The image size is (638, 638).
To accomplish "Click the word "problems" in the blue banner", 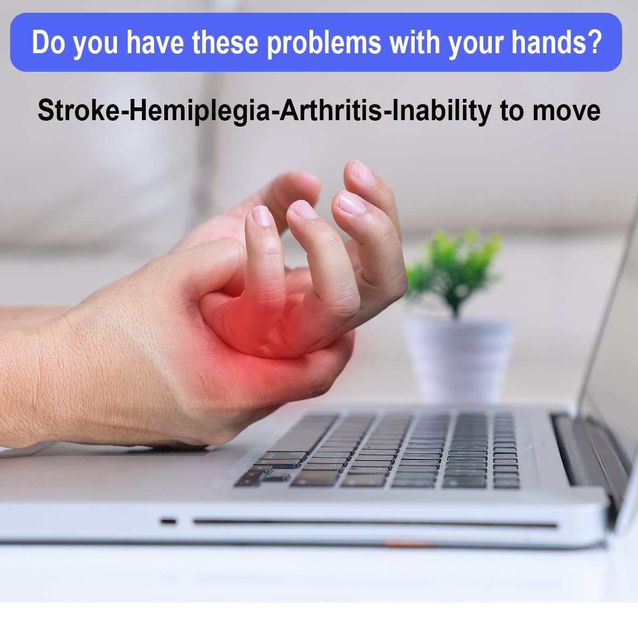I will pos(324,43).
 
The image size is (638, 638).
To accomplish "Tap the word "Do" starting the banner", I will pos(48,43).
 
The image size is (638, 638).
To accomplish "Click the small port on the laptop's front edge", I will pos(168,521).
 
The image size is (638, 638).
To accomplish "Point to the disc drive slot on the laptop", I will pos(372,524).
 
